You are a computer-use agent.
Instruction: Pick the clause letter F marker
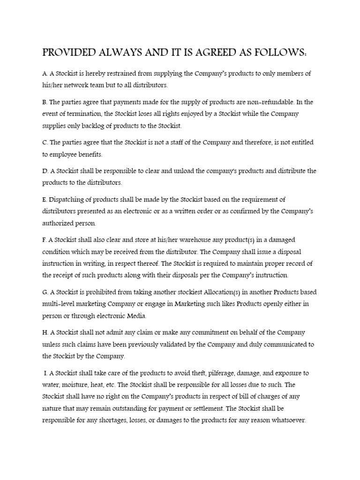pyautogui.click(x=44, y=240)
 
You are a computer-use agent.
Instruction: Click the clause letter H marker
pyautogui.click(x=45, y=332)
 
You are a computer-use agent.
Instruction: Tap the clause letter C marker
pyautogui.click(x=45, y=142)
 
